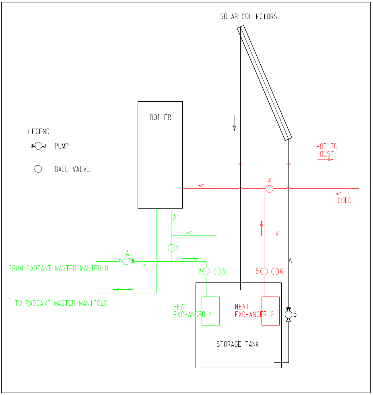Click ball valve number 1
point(171,248)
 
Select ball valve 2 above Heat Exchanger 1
point(206,272)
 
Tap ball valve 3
point(217,272)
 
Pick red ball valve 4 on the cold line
point(269,188)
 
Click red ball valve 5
point(264,272)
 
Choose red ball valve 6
point(275,272)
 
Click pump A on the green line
point(126,261)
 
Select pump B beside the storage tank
point(289,314)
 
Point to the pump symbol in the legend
point(38,146)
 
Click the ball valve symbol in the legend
point(38,169)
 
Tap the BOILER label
point(160,117)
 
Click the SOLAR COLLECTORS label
point(248,16)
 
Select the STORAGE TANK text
point(238,344)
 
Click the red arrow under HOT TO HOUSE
point(326,160)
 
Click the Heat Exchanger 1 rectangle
point(210,311)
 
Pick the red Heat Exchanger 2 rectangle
point(270,311)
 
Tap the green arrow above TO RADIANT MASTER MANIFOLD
point(123,289)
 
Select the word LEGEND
point(39,131)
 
